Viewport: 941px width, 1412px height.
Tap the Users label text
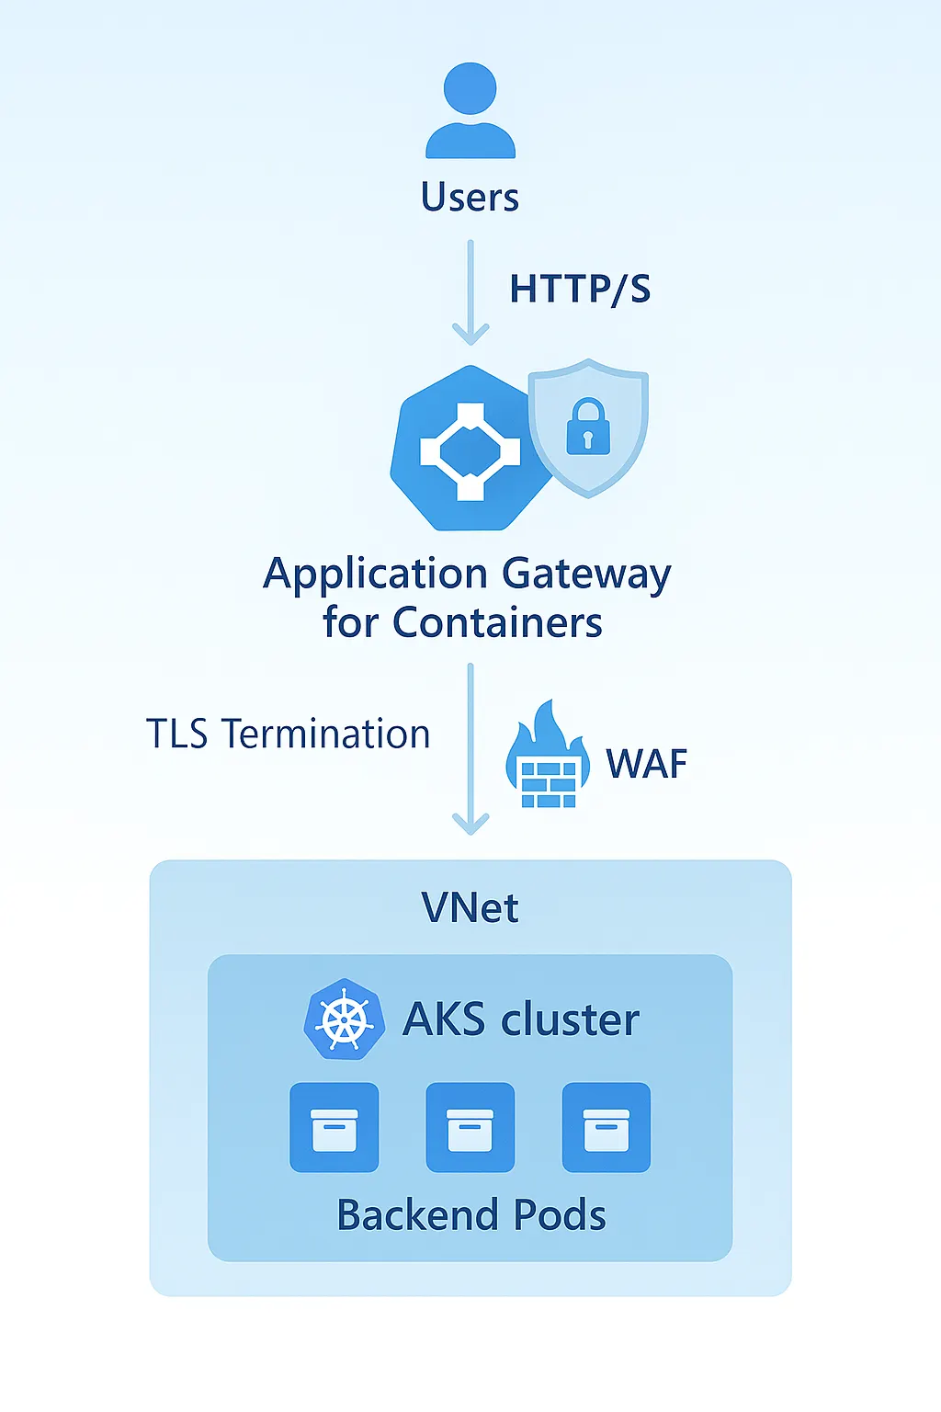(470, 198)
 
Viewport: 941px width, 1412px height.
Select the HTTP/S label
(580, 289)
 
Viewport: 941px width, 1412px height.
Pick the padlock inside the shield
(588, 427)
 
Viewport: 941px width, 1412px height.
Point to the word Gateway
(586, 575)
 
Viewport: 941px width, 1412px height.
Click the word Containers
(497, 623)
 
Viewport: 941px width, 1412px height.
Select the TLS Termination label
(288, 734)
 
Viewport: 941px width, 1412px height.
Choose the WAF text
(646, 764)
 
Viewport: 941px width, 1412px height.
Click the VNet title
(470, 908)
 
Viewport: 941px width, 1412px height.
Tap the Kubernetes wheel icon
(344, 1019)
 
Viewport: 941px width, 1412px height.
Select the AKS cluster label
(521, 1019)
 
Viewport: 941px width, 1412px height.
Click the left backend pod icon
(334, 1127)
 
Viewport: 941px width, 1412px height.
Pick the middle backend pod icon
(470, 1127)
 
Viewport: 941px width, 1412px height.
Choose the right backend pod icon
(606, 1127)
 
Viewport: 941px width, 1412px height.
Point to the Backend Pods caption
(470, 1215)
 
